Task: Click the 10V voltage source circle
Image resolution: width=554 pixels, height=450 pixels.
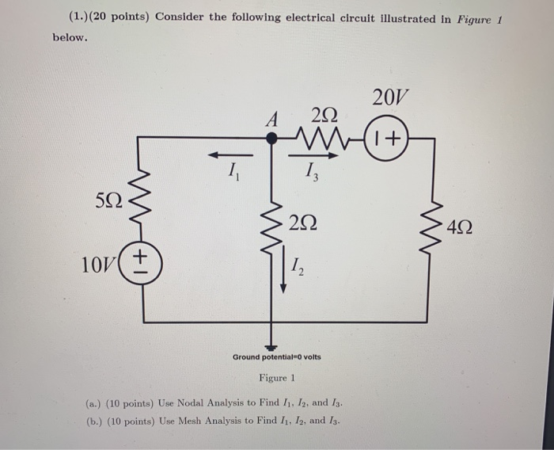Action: point(142,262)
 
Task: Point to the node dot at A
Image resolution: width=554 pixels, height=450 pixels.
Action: point(271,138)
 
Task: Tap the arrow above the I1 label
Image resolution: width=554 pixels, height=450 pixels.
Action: point(230,154)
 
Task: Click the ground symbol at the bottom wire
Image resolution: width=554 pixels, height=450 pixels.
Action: point(271,345)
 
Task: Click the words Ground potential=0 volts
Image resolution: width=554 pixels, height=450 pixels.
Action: point(276,357)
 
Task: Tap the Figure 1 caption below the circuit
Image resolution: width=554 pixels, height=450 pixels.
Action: point(276,377)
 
